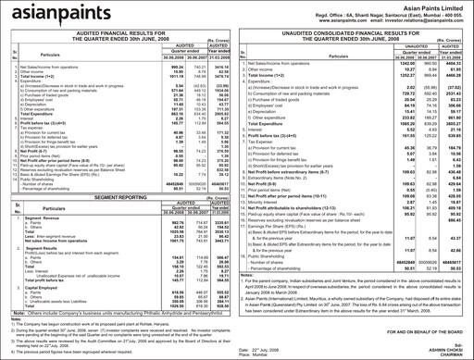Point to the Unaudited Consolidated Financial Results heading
[356, 34]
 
